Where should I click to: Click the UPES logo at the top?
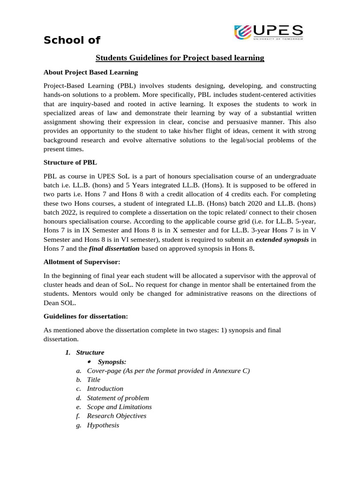coord(268,33)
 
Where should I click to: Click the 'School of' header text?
coord(72,40)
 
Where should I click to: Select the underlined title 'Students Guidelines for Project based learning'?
coord(180,58)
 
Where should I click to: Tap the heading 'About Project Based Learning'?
coord(90,72)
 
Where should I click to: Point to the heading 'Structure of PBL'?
coord(70,162)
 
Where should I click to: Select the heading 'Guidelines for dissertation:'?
coord(85,316)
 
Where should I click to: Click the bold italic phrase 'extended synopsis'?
coord(282,240)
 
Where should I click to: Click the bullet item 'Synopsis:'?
coord(112,361)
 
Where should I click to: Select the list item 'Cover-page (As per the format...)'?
coord(168,371)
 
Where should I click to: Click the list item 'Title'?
coord(94,380)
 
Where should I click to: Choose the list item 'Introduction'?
coord(105,389)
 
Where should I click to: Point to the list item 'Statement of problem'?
coord(118,398)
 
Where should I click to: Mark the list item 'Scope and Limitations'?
coord(119,407)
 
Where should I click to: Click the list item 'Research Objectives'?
coord(116,416)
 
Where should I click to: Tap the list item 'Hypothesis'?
coord(103,425)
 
